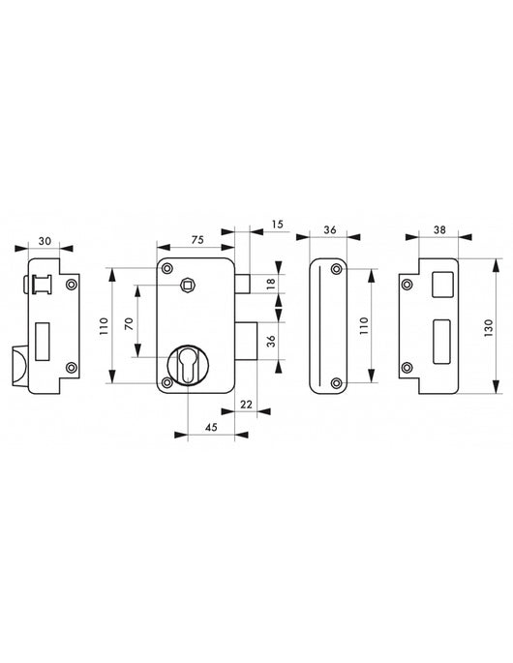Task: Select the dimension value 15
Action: pyautogui.click(x=278, y=226)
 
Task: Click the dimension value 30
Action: pyautogui.click(x=45, y=242)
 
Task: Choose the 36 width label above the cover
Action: pyautogui.click(x=329, y=230)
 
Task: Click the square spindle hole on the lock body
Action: pyautogui.click(x=187, y=285)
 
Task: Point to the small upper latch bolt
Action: pyautogui.click(x=245, y=283)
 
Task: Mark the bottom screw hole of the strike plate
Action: pyautogui.click(x=407, y=367)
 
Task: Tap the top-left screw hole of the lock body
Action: pyautogui.click(x=167, y=268)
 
